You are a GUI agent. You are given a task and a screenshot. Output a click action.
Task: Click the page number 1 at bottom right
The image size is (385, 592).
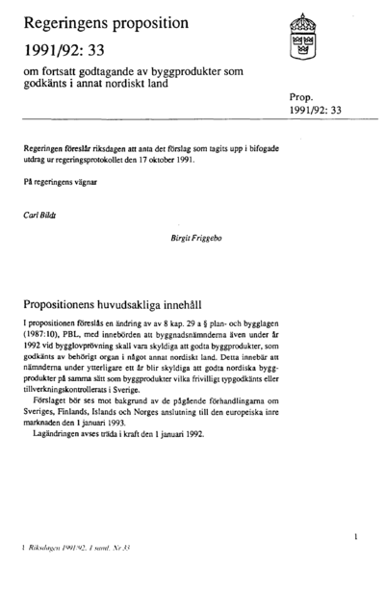(356, 533)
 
